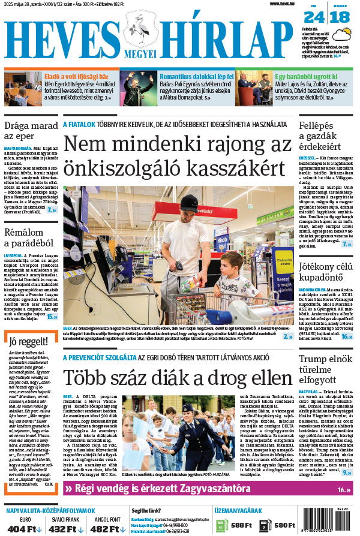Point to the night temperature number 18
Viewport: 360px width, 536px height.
click(x=339, y=17)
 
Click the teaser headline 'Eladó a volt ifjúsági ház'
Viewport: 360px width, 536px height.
click(x=76, y=77)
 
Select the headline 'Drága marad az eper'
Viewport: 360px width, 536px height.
click(x=29, y=133)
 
